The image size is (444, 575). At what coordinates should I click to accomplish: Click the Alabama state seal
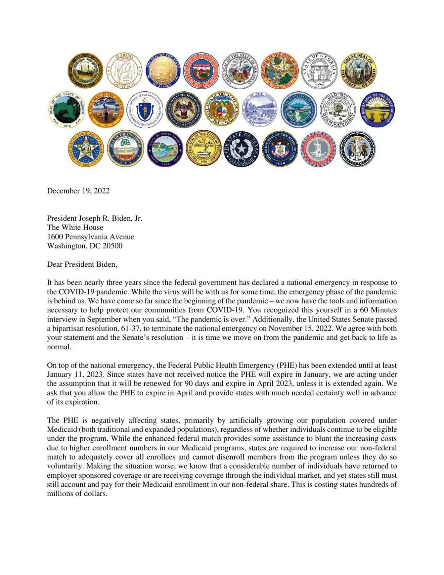124,70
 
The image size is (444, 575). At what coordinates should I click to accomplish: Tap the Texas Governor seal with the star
241,149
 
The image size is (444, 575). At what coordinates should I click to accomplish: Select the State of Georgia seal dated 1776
319,70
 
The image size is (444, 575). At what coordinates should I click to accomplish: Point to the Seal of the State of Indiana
67,110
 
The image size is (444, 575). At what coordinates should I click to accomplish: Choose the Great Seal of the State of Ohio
377,110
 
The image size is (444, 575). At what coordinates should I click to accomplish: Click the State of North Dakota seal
337,110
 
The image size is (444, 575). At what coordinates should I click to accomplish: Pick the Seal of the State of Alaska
163,70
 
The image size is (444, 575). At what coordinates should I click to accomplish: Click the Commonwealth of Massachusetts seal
144,110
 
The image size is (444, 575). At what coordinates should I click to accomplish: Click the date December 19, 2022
78,191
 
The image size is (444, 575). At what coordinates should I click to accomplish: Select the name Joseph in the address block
88,218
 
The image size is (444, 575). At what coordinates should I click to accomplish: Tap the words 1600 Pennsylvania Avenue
91,236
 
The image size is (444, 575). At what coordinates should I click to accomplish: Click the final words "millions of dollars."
77,494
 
